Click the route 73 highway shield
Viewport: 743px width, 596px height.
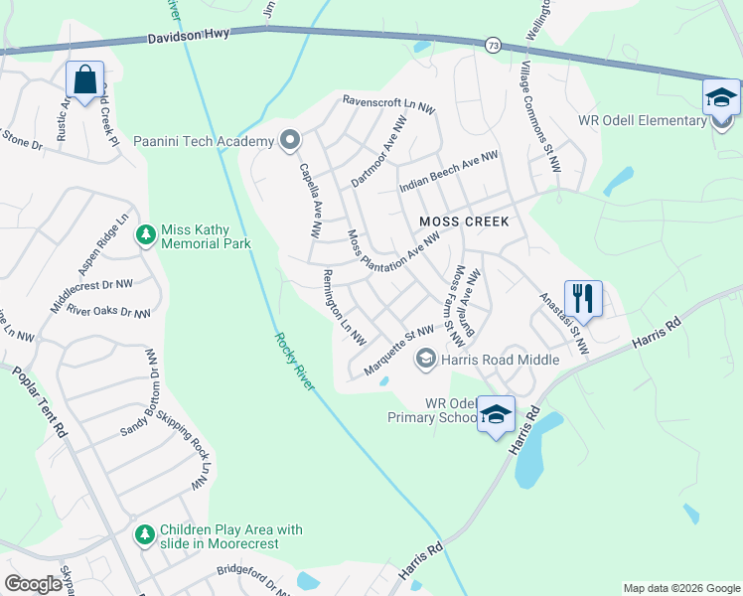[x=493, y=45]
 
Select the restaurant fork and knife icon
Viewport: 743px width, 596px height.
[x=583, y=298]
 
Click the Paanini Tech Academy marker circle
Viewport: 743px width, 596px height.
[x=289, y=140]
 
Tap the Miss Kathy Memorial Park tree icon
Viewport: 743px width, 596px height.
[x=146, y=234]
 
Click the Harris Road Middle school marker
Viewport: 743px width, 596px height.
[x=426, y=359]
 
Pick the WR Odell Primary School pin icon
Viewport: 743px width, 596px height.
[x=496, y=415]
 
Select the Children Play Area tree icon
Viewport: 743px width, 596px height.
[x=146, y=535]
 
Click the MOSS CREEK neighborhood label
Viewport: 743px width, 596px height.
[x=464, y=221]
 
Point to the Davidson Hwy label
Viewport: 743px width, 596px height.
[x=189, y=34]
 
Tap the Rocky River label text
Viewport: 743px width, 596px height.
[x=294, y=361]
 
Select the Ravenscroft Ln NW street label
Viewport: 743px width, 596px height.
[x=388, y=102]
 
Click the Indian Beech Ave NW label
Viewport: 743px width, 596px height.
[x=448, y=173]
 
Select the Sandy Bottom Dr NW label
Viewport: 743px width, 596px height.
[x=152, y=394]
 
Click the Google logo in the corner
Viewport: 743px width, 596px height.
[x=33, y=584]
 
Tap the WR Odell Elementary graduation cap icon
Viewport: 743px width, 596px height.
[x=720, y=97]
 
